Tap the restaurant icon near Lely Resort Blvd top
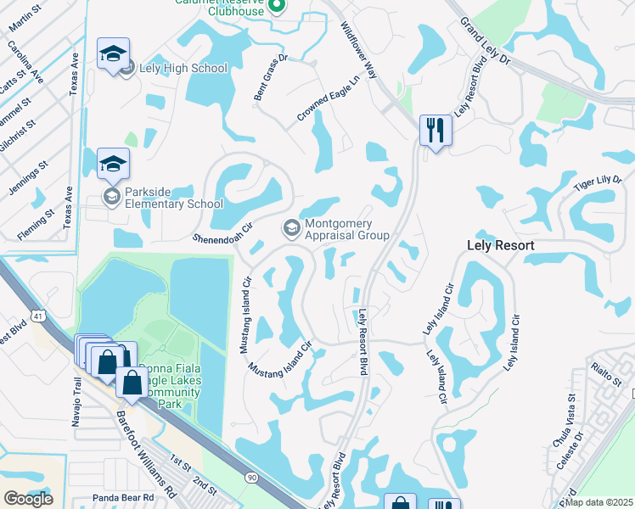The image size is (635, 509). pyautogui.click(x=436, y=131)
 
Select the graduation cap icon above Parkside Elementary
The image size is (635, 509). pyautogui.click(x=113, y=165)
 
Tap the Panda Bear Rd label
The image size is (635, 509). pyautogui.click(x=123, y=497)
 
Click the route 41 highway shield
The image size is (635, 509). pyautogui.click(x=38, y=316)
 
